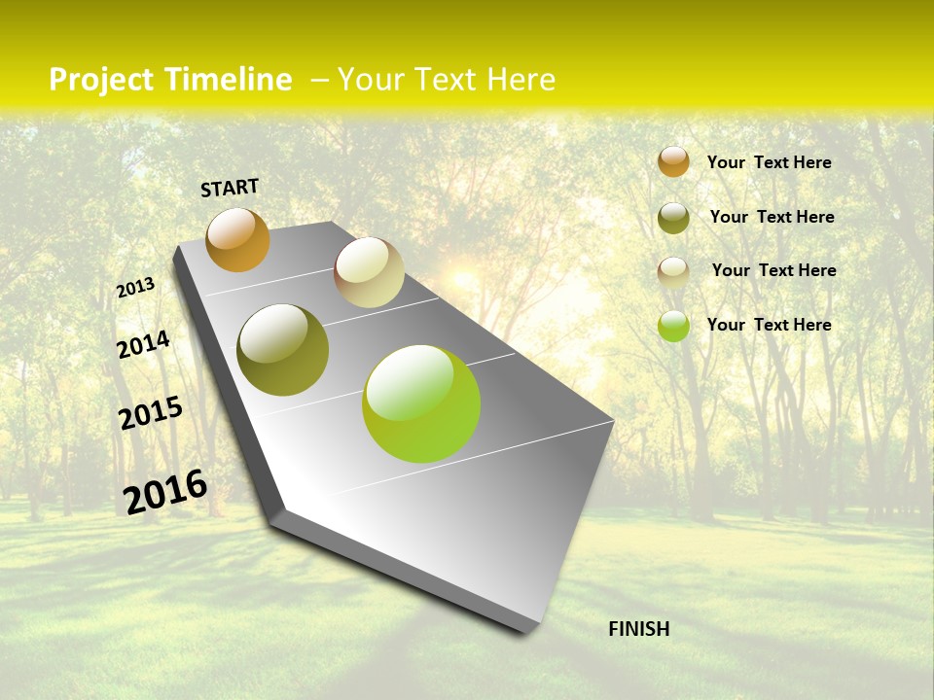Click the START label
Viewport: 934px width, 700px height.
(x=230, y=188)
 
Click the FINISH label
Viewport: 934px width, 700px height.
(x=638, y=629)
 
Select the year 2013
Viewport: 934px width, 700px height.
(x=135, y=287)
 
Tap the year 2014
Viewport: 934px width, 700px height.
(x=143, y=344)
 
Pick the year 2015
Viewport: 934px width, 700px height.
(x=151, y=413)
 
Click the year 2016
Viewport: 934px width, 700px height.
(x=165, y=491)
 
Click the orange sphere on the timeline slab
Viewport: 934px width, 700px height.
(x=237, y=240)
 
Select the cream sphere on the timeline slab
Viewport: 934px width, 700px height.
(x=369, y=272)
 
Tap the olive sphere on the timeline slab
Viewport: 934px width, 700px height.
(x=282, y=350)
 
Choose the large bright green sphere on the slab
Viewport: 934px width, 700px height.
(x=421, y=403)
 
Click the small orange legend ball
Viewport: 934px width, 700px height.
(x=673, y=161)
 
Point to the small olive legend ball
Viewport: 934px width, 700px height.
(x=673, y=218)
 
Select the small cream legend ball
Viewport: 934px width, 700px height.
(x=673, y=271)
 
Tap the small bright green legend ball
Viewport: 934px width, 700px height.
(x=673, y=326)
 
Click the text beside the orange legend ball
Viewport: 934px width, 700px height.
(x=769, y=162)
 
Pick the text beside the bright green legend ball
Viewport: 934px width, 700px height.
(x=769, y=325)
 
